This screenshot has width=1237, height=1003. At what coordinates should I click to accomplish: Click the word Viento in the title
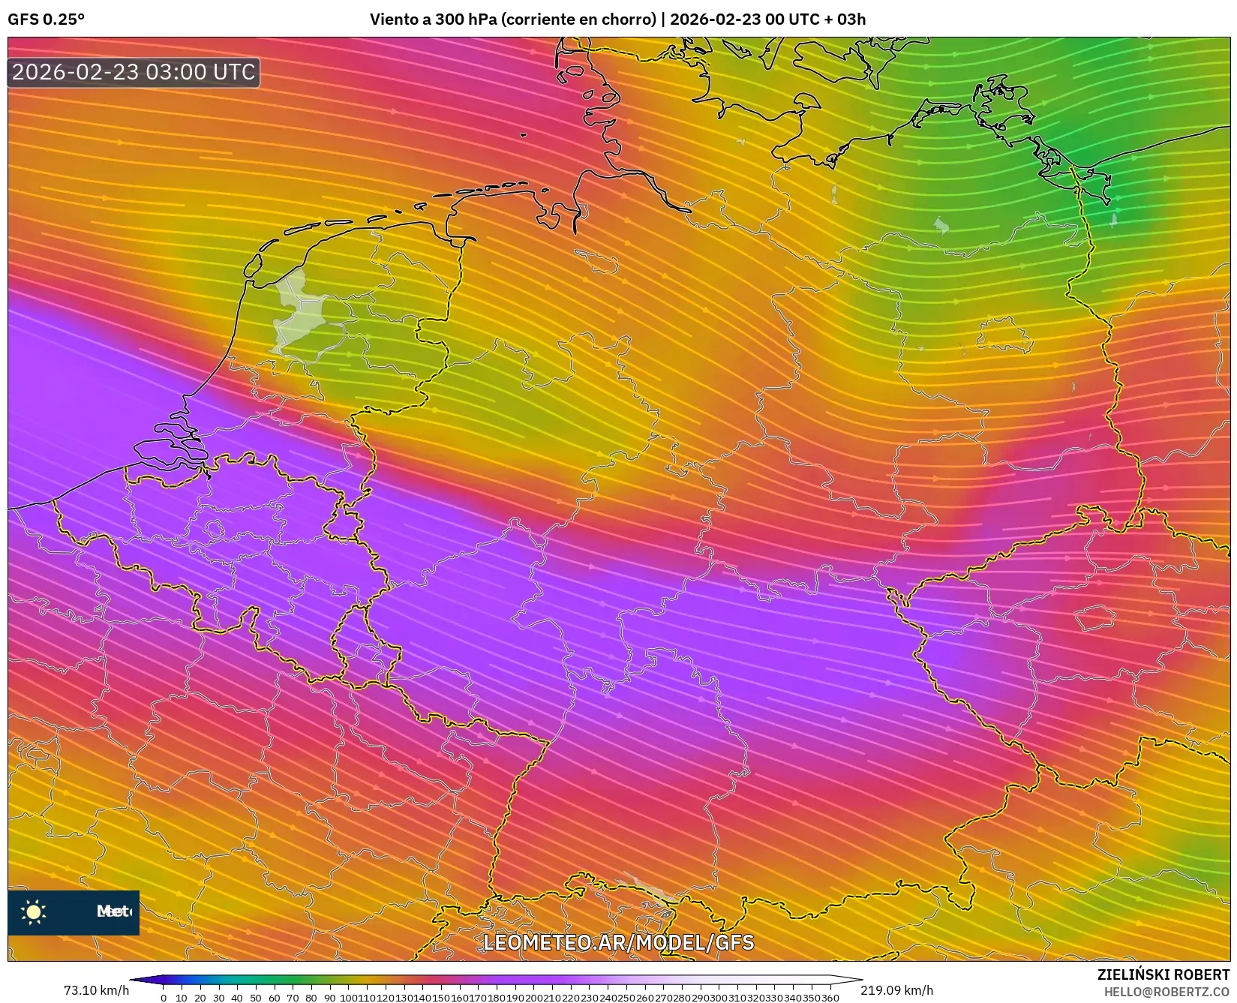coord(391,20)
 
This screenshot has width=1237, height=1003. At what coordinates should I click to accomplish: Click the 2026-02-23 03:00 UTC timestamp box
coord(134,72)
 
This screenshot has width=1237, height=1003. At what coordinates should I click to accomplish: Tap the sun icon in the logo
coord(34,912)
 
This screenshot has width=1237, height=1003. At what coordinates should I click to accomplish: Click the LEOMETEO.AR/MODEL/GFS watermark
coord(618,942)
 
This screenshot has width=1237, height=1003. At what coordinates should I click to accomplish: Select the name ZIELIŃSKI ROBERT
coord(1163,975)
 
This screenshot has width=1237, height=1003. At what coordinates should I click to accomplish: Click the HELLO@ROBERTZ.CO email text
coord(1168,992)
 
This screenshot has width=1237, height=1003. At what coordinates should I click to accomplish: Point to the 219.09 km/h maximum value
coord(896,990)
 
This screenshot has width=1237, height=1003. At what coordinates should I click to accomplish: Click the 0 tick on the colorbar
coord(164,998)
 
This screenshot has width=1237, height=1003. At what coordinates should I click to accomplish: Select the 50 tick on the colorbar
coord(256,998)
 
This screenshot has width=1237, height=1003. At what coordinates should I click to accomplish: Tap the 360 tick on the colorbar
coord(830,998)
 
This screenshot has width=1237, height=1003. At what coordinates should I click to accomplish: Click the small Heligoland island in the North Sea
coord(523,135)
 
